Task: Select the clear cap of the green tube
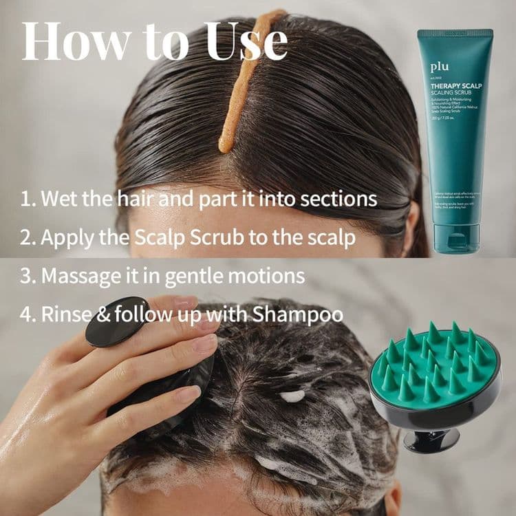click(456, 236)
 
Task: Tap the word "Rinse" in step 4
click(65, 314)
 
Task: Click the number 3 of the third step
click(26, 276)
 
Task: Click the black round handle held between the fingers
click(117, 321)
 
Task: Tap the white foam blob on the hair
click(292, 396)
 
